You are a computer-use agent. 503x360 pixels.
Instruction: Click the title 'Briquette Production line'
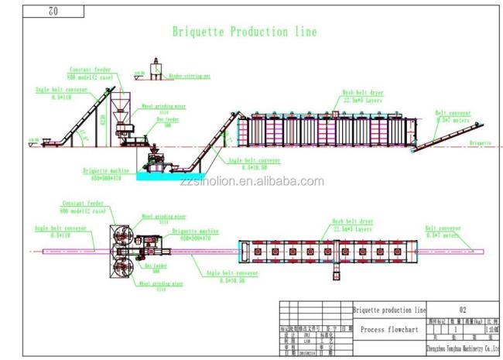coord(244,33)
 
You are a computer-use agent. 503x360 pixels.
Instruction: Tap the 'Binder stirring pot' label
coord(190,77)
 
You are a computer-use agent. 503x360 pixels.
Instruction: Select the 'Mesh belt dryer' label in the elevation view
coord(362,94)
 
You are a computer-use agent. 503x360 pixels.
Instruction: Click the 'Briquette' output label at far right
coord(480,143)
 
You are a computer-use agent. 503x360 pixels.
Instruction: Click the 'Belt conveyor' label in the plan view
coord(442,230)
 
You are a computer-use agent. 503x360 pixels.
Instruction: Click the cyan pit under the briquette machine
coord(159,177)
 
